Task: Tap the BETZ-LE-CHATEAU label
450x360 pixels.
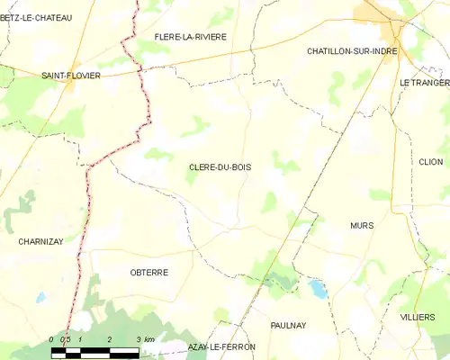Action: (x=36, y=17)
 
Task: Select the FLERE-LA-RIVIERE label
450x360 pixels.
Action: (x=190, y=37)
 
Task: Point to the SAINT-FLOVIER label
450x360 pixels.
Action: (x=71, y=76)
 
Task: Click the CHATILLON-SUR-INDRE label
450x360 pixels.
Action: (x=352, y=51)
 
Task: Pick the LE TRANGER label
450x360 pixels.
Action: (x=424, y=82)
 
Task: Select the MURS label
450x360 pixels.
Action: (x=362, y=225)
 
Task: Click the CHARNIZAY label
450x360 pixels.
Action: (x=41, y=241)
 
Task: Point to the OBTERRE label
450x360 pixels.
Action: (x=149, y=272)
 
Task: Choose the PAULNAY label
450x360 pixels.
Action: (x=288, y=325)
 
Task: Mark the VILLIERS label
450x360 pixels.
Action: (x=418, y=319)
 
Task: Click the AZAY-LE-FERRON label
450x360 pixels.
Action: (x=221, y=346)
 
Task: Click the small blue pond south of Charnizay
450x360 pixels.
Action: (x=40, y=297)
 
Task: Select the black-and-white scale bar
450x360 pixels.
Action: (x=95, y=351)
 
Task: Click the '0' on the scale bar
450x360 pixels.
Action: (x=53, y=339)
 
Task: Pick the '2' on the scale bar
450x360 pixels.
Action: (x=109, y=339)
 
